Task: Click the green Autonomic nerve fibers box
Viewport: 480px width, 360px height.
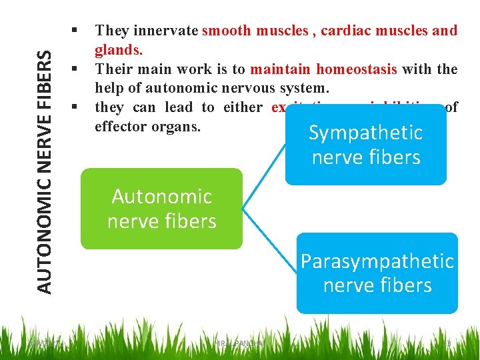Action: pos(161,209)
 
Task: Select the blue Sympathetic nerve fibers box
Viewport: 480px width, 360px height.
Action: pos(365,145)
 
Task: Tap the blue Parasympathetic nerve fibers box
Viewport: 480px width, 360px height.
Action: pos(377,273)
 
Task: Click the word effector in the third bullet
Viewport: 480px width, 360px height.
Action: pos(121,127)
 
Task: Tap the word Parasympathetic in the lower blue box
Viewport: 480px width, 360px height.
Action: pos(377,261)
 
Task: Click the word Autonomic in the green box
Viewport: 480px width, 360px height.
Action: pos(162,197)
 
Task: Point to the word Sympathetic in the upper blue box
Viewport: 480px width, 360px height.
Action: pos(365,133)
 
